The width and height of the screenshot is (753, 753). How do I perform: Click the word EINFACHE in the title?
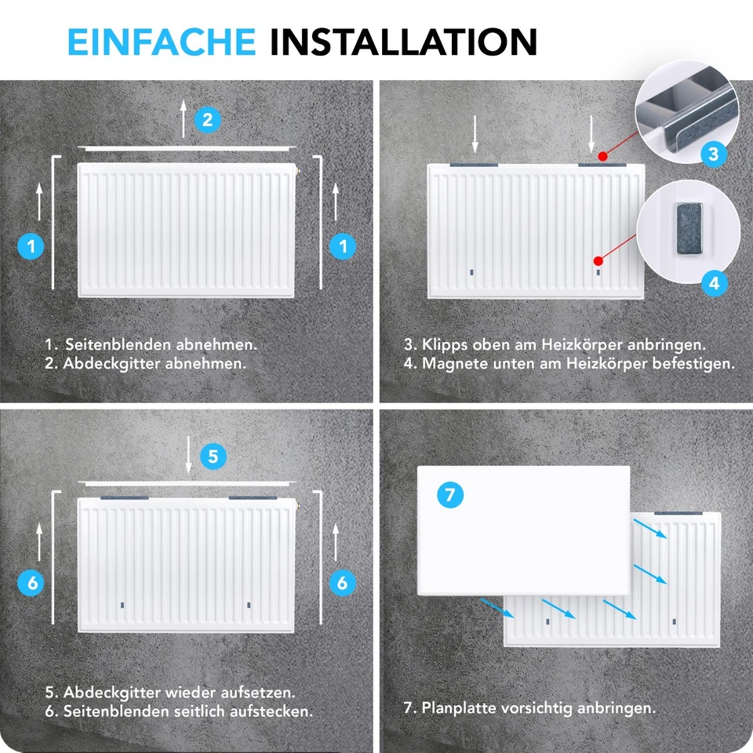[x=161, y=41]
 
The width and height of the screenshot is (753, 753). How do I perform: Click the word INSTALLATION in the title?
[x=403, y=41]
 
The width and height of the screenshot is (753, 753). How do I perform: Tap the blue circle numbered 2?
[x=207, y=120]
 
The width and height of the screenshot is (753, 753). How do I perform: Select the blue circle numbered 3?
[x=713, y=154]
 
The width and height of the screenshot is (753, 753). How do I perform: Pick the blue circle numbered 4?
[x=713, y=282]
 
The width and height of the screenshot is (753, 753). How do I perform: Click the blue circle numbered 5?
[x=214, y=456]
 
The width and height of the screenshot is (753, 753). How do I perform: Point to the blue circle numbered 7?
[x=449, y=495]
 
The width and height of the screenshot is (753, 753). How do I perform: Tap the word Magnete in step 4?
[x=453, y=363]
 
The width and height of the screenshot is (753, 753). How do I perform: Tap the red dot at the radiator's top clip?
[x=601, y=157]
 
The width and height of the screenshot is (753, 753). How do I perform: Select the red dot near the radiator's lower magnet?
[x=598, y=260]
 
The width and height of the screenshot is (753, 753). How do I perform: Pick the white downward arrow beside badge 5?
[x=190, y=455]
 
